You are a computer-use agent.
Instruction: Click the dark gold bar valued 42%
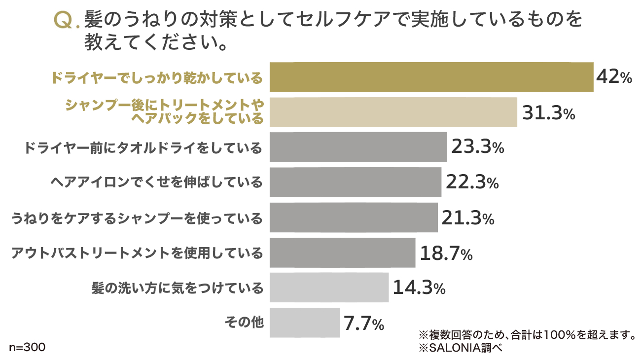(x=431, y=77)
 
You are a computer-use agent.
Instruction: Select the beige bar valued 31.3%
(x=393, y=112)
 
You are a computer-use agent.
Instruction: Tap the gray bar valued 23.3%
(x=358, y=147)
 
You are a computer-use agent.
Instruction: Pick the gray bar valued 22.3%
(x=356, y=182)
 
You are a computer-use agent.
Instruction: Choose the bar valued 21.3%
(x=354, y=217)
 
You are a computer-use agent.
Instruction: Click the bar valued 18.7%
(x=343, y=252)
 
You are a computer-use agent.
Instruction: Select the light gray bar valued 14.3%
(x=329, y=288)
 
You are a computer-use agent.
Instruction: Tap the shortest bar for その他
(x=305, y=323)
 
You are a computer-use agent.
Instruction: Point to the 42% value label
(x=614, y=77)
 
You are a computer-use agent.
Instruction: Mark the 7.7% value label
(x=364, y=324)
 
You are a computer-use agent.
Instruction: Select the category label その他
(x=244, y=323)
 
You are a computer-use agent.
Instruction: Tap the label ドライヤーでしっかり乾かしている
(x=157, y=78)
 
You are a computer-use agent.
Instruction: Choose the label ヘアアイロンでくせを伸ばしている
(x=157, y=182)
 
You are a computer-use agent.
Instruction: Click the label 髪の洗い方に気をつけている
(x=178, y=288)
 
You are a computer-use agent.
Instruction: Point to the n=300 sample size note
(x=27, y=347)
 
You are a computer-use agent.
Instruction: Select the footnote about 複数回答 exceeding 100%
(x=526, y=335)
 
